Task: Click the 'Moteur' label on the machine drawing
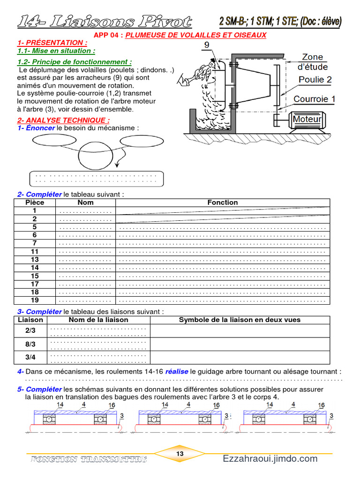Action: [307, 119]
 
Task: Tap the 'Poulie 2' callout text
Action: [315, 80]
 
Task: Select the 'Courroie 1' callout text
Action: [315, 99]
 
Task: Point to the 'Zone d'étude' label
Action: [313, 62]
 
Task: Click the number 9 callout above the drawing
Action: [207, 45]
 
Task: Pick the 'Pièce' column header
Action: [35, 202]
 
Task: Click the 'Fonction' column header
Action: [223, 202]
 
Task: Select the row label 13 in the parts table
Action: [35, 259]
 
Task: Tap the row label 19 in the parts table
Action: [35, 300]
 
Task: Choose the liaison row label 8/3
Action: [30, 344]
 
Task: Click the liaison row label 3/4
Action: [30, 357]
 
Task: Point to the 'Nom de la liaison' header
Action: [98, 320]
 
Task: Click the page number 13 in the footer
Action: [180, 454]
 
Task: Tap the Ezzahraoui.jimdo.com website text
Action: [270, 459]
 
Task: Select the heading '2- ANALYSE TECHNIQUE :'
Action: [63, 120]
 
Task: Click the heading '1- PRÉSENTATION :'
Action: [52, 43]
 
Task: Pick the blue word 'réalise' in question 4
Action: [177, 371]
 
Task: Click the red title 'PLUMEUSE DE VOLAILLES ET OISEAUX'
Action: [196, 35]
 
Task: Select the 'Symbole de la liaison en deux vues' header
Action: [240, 320]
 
